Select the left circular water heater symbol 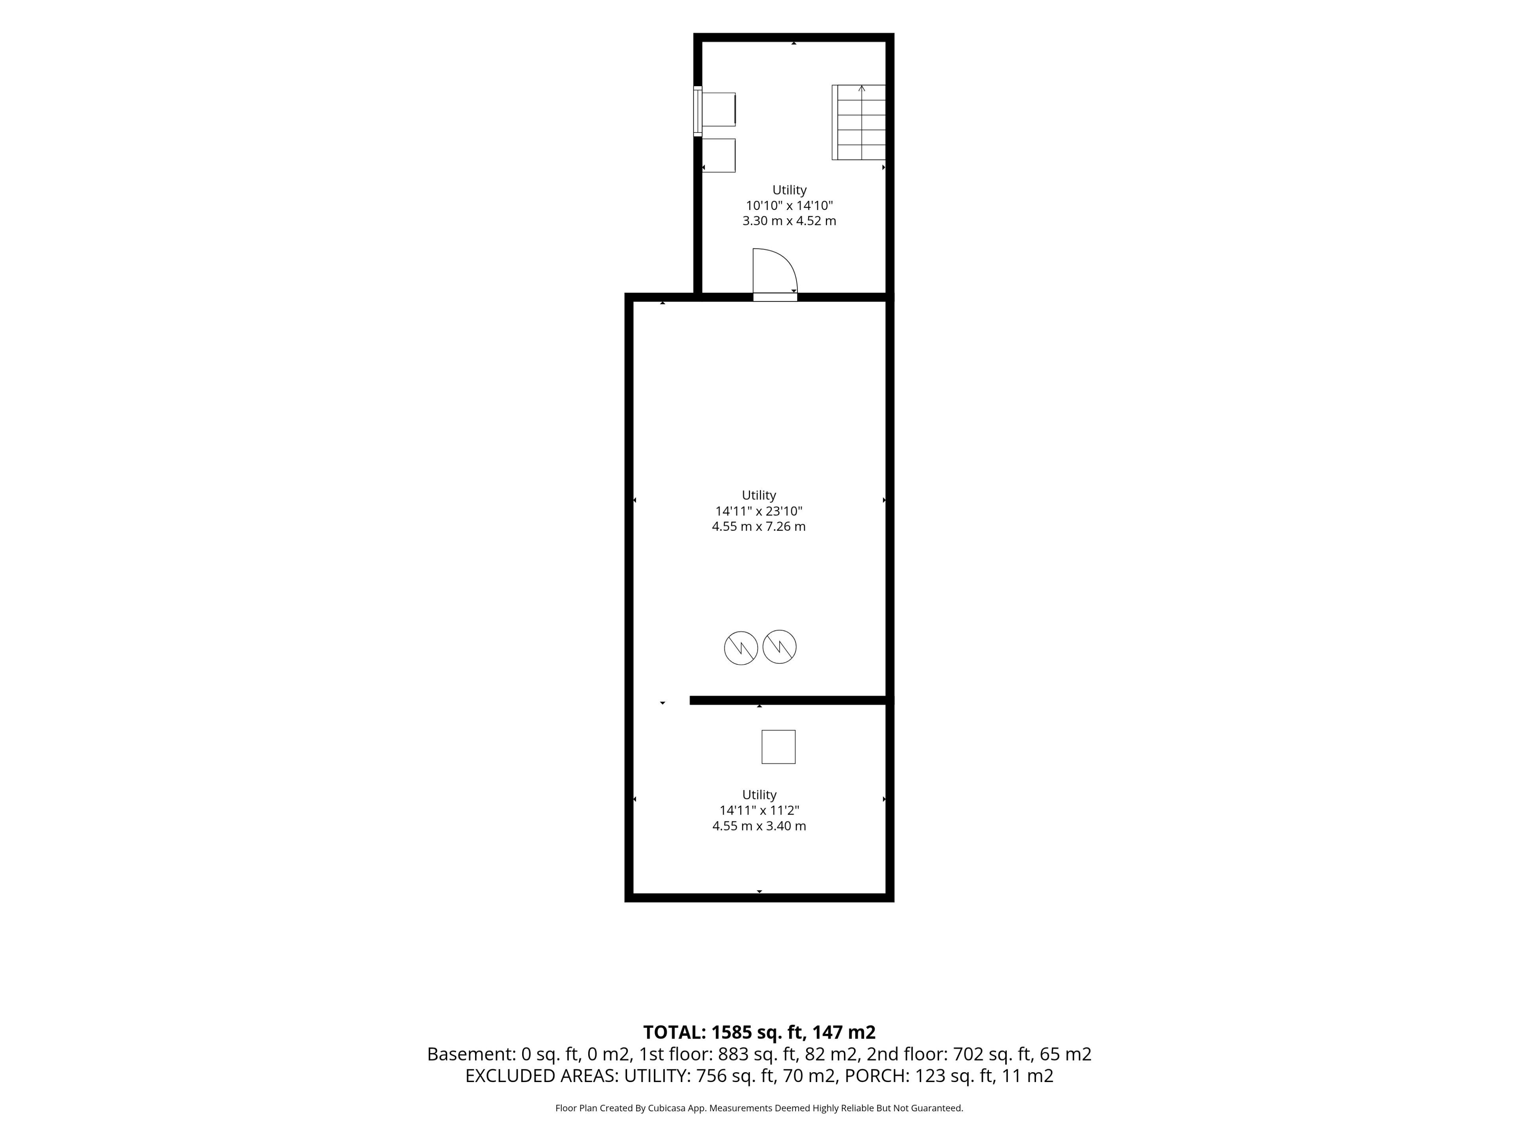click(x=741, y=647)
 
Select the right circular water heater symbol click(x=779, y=647)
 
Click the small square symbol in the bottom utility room click(x=778, y=747)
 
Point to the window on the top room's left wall click(x=698, y=111)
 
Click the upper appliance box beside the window click(x=718, y=109)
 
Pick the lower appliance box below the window click(x=718, y=155)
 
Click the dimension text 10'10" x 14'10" click(x=789, y=205)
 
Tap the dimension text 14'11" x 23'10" click(x=759, y=511)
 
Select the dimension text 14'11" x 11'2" click(x=759, y=810)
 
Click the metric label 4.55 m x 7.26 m click(x=759, y=527)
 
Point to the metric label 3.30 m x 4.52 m click(x=789, y=221)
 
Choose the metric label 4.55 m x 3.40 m click(x=759, y=826)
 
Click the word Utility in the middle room click(x=759, y=495)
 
